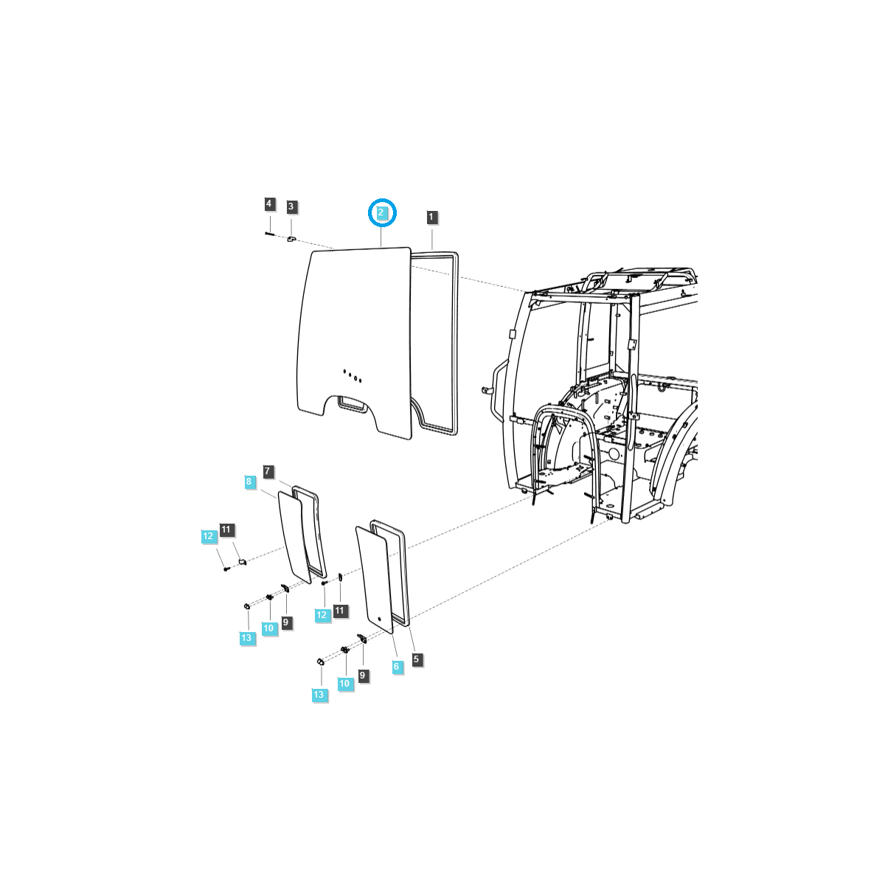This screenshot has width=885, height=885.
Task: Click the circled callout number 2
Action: coord(382,212)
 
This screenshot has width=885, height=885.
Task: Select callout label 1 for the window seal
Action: coord(431,217)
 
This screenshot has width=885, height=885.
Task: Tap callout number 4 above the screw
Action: coord(269,204)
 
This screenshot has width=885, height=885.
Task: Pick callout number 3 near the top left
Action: coord(291,207)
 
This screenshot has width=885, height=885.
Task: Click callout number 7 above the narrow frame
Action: coord(268,471)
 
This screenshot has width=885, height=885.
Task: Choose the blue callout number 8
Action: coord(249,482)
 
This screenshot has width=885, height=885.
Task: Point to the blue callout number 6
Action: coord(397,667)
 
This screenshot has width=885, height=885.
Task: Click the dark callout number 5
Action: coord(417,659)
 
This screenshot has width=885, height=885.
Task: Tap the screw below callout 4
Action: coord(269,234)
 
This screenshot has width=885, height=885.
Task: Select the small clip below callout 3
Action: coord(291,238)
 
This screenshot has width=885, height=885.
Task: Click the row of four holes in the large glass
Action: coord(352,376)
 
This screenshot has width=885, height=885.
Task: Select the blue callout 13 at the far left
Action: coord(246,638)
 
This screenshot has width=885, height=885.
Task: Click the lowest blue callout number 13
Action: coord(319,695)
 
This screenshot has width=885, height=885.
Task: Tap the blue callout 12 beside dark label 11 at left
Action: coord(209,537)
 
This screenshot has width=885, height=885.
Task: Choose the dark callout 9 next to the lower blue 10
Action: coord(362,675)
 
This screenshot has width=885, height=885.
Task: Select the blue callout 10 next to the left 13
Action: coord(268,628)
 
